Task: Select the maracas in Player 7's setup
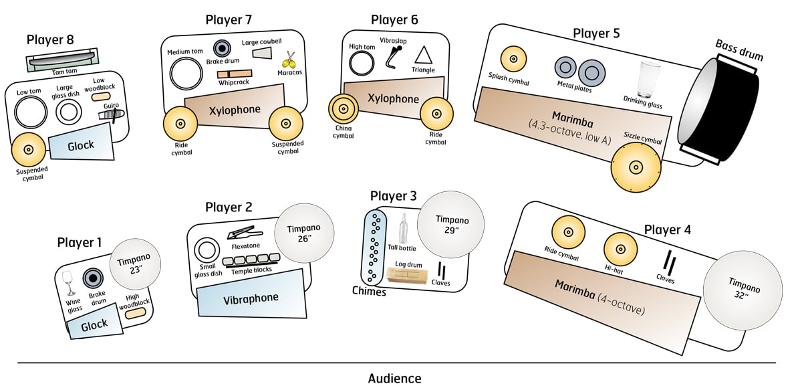click(289, 60)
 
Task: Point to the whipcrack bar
click(235, 74)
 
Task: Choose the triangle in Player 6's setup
click(423, 56)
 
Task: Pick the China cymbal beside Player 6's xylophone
click(344, 109)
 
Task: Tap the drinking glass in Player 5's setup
click(648, 80)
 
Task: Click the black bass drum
click(722, 108)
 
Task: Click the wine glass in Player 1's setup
click(68, 282)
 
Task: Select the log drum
click(409, 274)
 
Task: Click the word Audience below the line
click(394, 379)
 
